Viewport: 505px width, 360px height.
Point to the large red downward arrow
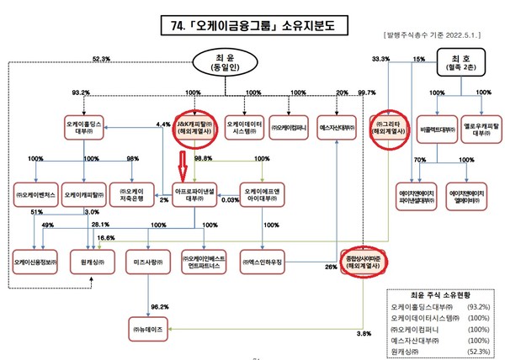click(x=186, y=161)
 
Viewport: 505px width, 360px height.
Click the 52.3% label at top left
click(x=102, y=59)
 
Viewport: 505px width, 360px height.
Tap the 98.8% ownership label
click(x=202, y=159)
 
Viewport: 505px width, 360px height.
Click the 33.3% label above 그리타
click(x=380, y=59)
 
